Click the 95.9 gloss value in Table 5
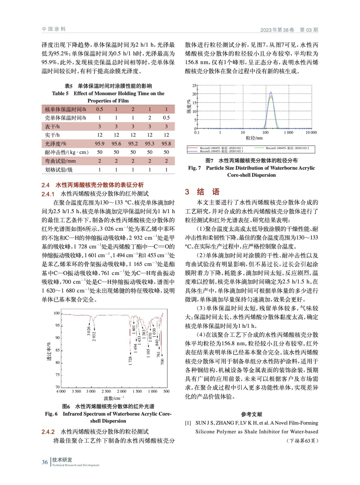(99, 144)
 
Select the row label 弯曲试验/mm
(60, 161)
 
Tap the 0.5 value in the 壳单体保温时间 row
(166, 118)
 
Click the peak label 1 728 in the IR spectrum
(130, 361)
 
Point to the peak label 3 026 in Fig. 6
(89, 331)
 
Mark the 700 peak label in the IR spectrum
(163, 361)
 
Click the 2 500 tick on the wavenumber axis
(106, 391)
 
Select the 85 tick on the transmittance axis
(57, 350)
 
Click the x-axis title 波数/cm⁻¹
(114, 398)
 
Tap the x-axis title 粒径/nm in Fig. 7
(254, 138)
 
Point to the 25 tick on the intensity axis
(194, 86)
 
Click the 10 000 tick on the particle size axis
(311, 132)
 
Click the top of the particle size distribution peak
(271, 92)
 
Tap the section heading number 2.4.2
(48, 432)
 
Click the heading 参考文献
(251, 414)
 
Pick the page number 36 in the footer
(45, 462)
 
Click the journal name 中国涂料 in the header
(54, 29)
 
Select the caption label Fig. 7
(194, 168)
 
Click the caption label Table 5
(60, 93)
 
